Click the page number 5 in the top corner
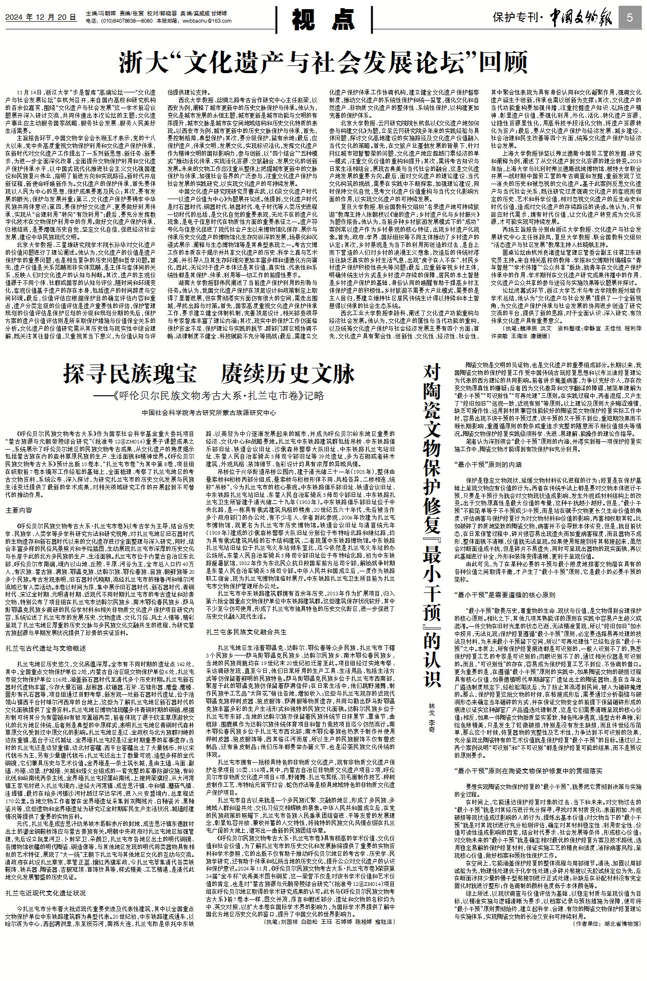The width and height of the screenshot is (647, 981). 631,18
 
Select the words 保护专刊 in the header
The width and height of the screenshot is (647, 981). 515,18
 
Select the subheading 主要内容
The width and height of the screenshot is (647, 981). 19,509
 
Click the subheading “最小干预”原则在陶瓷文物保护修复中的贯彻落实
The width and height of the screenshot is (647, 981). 528,770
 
